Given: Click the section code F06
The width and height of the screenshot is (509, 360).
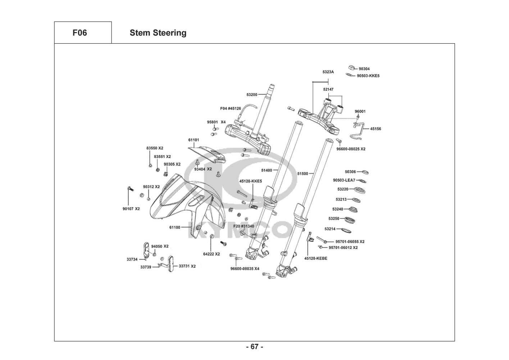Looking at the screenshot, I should [79, 33].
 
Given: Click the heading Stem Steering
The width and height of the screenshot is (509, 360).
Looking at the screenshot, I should [158, 33].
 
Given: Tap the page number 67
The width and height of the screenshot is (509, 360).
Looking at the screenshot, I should [254, 347].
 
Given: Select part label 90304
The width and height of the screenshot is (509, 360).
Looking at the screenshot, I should [364, 69].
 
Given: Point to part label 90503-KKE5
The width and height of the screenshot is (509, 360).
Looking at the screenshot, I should [368, 76].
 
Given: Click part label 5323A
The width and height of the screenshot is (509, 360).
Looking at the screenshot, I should [328, 72].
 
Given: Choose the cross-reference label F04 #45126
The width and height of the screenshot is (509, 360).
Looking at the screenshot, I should [231, 108].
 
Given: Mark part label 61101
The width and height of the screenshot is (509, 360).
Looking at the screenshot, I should [194, 140].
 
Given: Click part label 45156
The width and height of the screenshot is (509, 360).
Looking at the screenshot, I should [376, 129].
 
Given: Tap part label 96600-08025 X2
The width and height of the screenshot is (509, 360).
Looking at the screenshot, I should [351, 149].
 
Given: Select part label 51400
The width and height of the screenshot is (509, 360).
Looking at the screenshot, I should [267, 170].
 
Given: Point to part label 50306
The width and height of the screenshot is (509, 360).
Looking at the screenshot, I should [350, 172].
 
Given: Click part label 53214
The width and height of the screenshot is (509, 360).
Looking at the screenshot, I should [330, 229].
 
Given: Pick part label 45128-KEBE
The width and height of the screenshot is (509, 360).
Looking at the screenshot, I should [315, 258].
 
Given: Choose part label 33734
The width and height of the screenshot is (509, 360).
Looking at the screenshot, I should [132, 259].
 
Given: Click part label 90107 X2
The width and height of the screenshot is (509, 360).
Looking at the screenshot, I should [131, 209].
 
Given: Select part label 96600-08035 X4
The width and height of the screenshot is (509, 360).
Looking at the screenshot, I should [245, 268].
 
